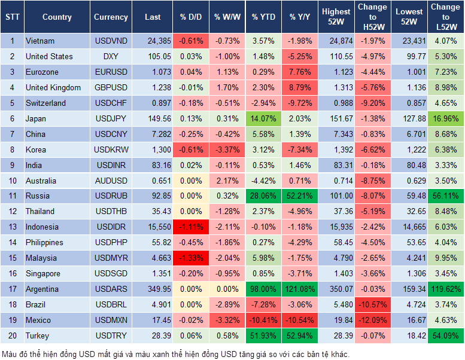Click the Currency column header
click(111, 17)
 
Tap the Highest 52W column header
click(336, 17)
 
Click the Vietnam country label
click(40, 41)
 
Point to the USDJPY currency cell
click(111, 118)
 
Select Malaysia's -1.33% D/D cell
click(190, 258)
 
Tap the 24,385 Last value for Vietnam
click(153, 41)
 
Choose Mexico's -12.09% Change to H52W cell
click(372, 320)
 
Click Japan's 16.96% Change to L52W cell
click(446, 118)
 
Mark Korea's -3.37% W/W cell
click(227, 150)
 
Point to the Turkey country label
click(38, 335)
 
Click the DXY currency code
click(111, 56)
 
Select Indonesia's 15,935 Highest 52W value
click(336, 227)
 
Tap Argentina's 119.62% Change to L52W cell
click(446, 289)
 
